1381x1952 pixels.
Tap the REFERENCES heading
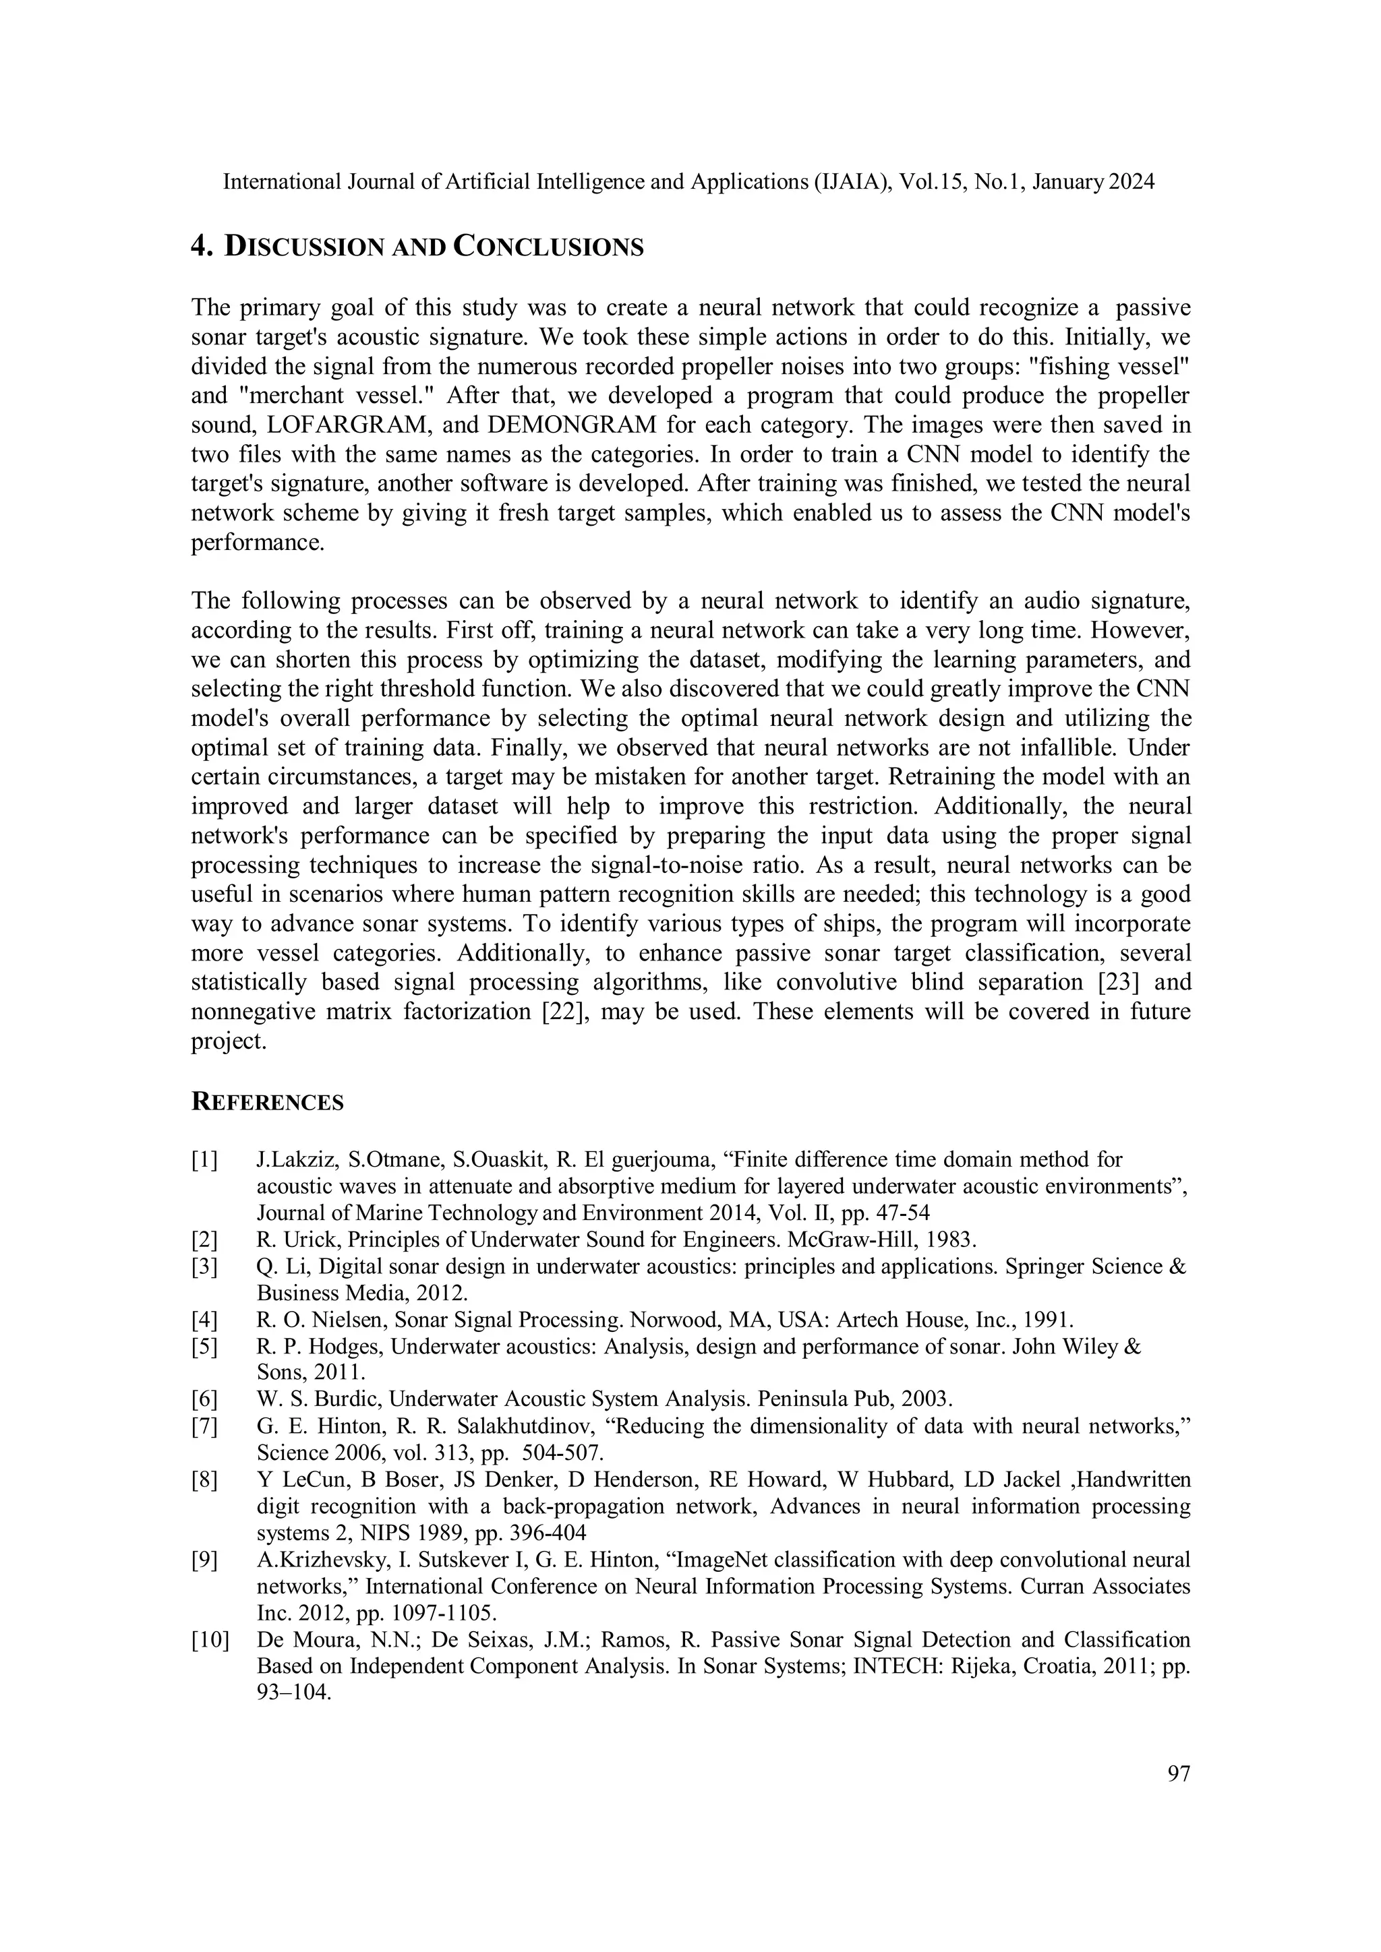coord(267,1103)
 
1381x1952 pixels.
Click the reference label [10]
coord(210,1640)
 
